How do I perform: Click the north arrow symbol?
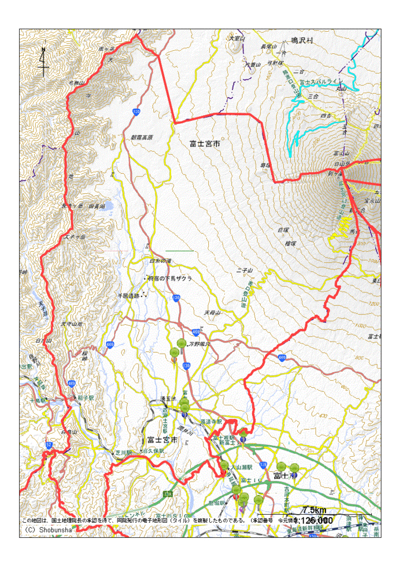pos(43,62)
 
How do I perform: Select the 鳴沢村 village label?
pos(301,41)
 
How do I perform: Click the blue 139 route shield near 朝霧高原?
pos(135,112)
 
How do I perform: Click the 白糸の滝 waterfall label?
pos(160,261)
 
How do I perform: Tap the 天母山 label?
pos(212,313)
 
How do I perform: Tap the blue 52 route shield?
pos(49,445)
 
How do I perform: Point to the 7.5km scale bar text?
pos(315,510)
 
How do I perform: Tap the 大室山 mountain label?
pos(237,38)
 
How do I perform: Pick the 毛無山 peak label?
pos(77,83)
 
